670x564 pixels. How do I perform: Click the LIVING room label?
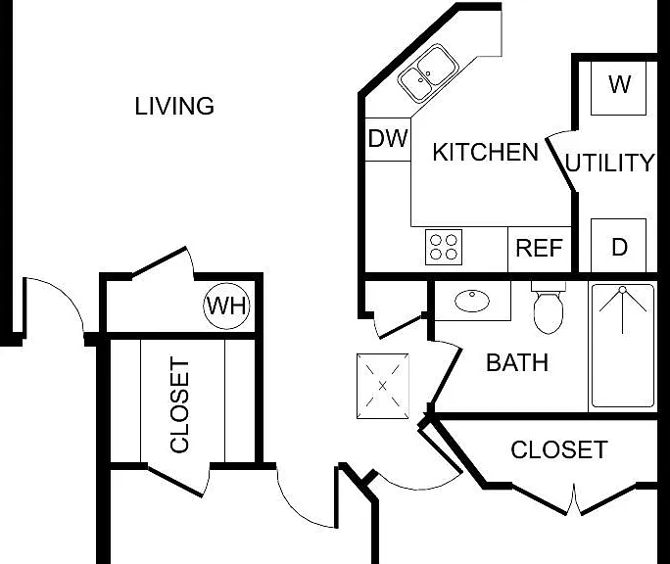coord(174,106)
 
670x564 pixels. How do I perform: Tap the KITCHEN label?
coord(486,152)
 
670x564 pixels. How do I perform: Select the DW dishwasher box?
coord(388,139)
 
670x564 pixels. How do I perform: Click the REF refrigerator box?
coord(540,249)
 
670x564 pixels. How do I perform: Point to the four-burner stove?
coord(444,247)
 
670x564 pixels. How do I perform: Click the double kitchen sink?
coord(428,73)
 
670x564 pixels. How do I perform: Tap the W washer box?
coord(618,88)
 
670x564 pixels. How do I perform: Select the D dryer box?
coord(618,245)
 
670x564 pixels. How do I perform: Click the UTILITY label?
coord(609,163)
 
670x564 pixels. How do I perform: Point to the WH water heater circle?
coord(226,305)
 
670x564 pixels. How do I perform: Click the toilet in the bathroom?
coord(549,307)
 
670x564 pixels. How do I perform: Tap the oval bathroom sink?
coord(472,301)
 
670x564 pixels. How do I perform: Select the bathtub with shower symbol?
coord(623,346)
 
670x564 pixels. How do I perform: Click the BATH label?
coord(517,362)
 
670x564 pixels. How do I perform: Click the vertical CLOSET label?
coord(179,404)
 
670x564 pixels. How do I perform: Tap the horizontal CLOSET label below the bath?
coord(559,449)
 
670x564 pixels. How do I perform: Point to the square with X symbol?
coord(383,386)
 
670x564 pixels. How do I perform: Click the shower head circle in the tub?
coord(623,290)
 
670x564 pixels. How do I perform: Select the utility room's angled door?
coord(560,164)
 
